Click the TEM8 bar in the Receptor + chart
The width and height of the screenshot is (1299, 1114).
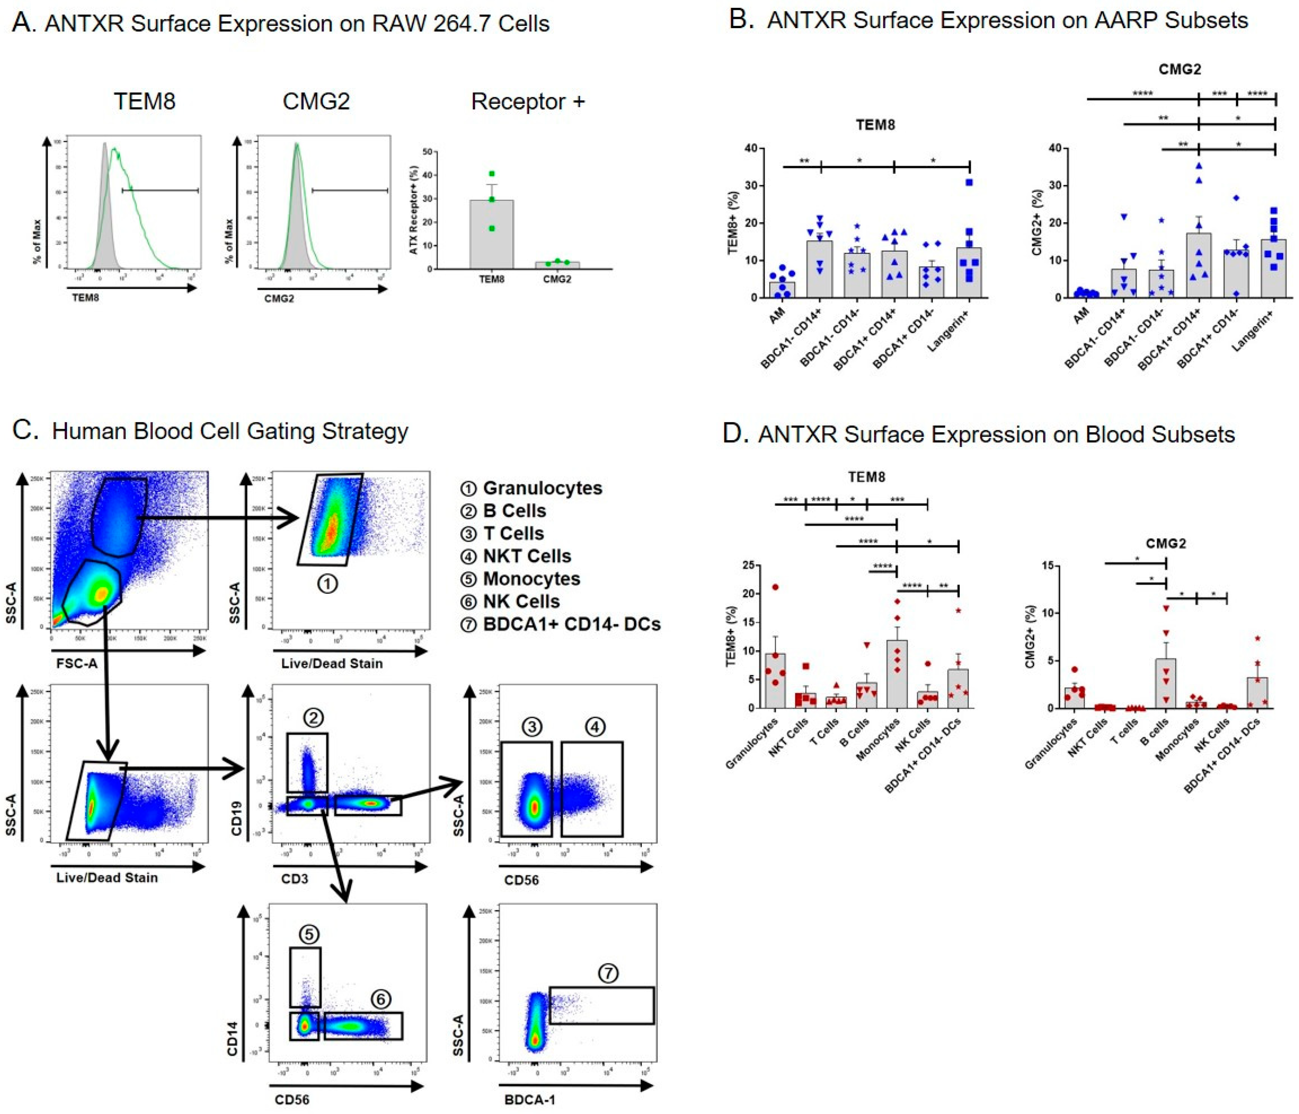(x=492, y=235)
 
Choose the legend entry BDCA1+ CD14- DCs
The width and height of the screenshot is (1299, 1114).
(x=571, y=624)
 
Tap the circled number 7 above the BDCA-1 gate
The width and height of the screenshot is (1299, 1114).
(x=608, y=973)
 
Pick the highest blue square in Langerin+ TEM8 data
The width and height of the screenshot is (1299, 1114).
(x=969, y=183)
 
